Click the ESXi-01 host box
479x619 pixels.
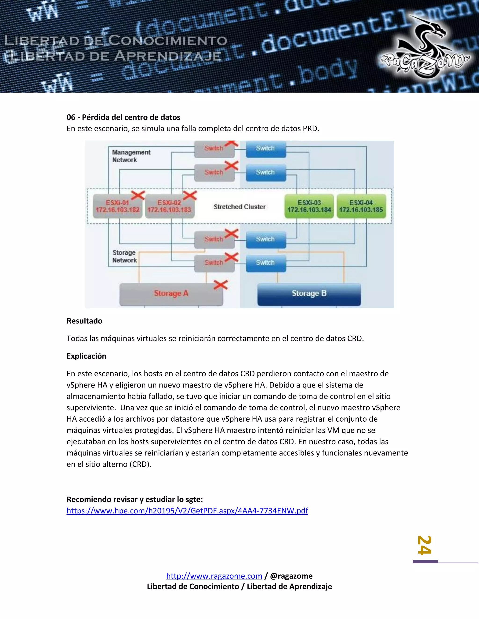pyautogui.click(x=117, y=206)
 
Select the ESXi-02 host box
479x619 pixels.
pyautogui.click(x=169, y=206)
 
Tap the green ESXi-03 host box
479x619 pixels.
pyautogui.click(x=309, y=206)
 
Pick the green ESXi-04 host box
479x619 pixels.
pyautogui.click(x=361, y=206)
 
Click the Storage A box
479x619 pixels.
pyautogui.click(x=171, y=294)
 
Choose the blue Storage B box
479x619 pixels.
pyautogui.click(x=309, y=294)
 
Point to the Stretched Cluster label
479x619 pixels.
pyautogui.click(x=239, y=207)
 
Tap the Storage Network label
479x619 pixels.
pyautogui.click(x=124, y=256)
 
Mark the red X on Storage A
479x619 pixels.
pyautogui.click(x=221, y=285)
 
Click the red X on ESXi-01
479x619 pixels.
pyautogui.click(x=138, y=195)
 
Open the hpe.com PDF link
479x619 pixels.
pyautogui.click(x=187, y=511)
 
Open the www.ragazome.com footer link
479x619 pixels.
pyautogui.click(x=214, y=576)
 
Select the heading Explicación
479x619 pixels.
pyautogui.click(x=86, y=356)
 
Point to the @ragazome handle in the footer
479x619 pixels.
pyautogui.click(x=291, y=576)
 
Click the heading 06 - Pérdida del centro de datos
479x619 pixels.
pyautogui.click(x=123, y=117)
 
